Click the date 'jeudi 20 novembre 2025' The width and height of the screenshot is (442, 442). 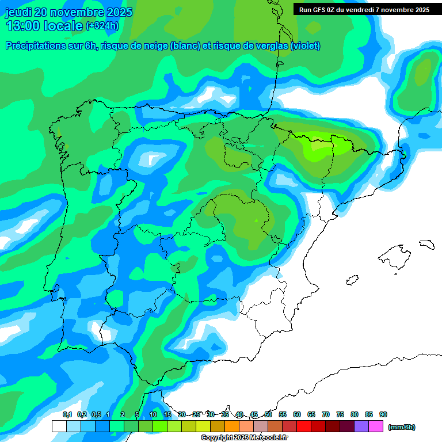[68, 12]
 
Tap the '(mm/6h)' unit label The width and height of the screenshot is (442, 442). [401, 427]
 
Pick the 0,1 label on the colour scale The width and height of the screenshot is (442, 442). [67, 414]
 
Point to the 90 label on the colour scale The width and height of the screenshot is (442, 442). [383, 414]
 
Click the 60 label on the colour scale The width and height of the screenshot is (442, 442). [297, 414]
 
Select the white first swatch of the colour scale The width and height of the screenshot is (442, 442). [59, 426]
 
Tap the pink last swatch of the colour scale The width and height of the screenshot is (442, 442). [376, 426]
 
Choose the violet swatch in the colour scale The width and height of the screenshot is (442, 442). [361, 426]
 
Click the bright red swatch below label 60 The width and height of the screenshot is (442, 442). [304, 426]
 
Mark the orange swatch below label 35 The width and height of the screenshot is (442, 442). [232, 426]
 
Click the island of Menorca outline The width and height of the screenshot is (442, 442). [426, 244]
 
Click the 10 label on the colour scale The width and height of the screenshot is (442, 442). [153, 414]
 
